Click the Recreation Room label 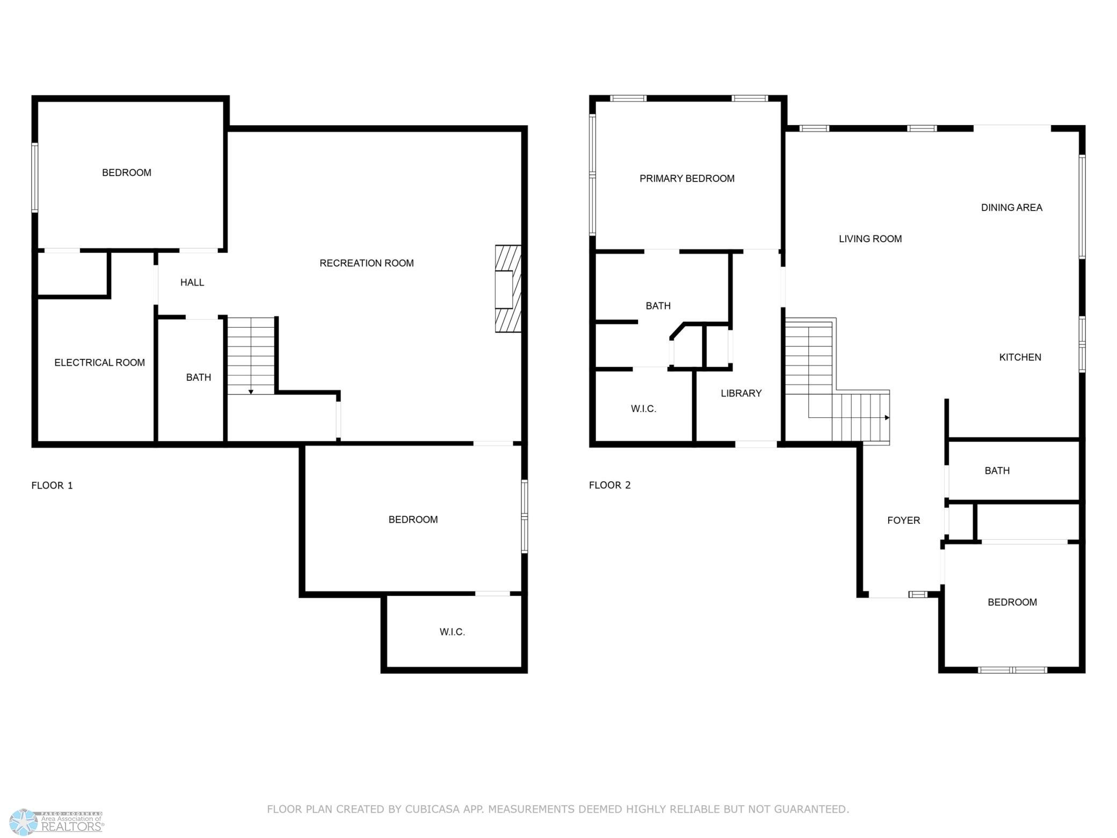coord(366,263)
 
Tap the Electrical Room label coord(99,363)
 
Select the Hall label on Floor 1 coord(192,283)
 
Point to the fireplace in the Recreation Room coord(507,289)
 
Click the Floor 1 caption coord(52,486)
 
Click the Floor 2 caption coord(610,485)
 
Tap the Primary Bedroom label coord(687,178)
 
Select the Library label coord(741,393)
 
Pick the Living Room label coord(870,239)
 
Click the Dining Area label coord(1011,207)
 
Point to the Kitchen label coord(1020,357)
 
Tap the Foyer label coord(903,521)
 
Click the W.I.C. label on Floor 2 coord(643,409)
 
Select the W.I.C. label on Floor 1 coord(452,632)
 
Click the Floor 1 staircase coord(251,356)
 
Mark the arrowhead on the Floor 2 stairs coord(887,417)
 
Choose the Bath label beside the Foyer coord(997,471)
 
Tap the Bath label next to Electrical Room coord(198,378)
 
